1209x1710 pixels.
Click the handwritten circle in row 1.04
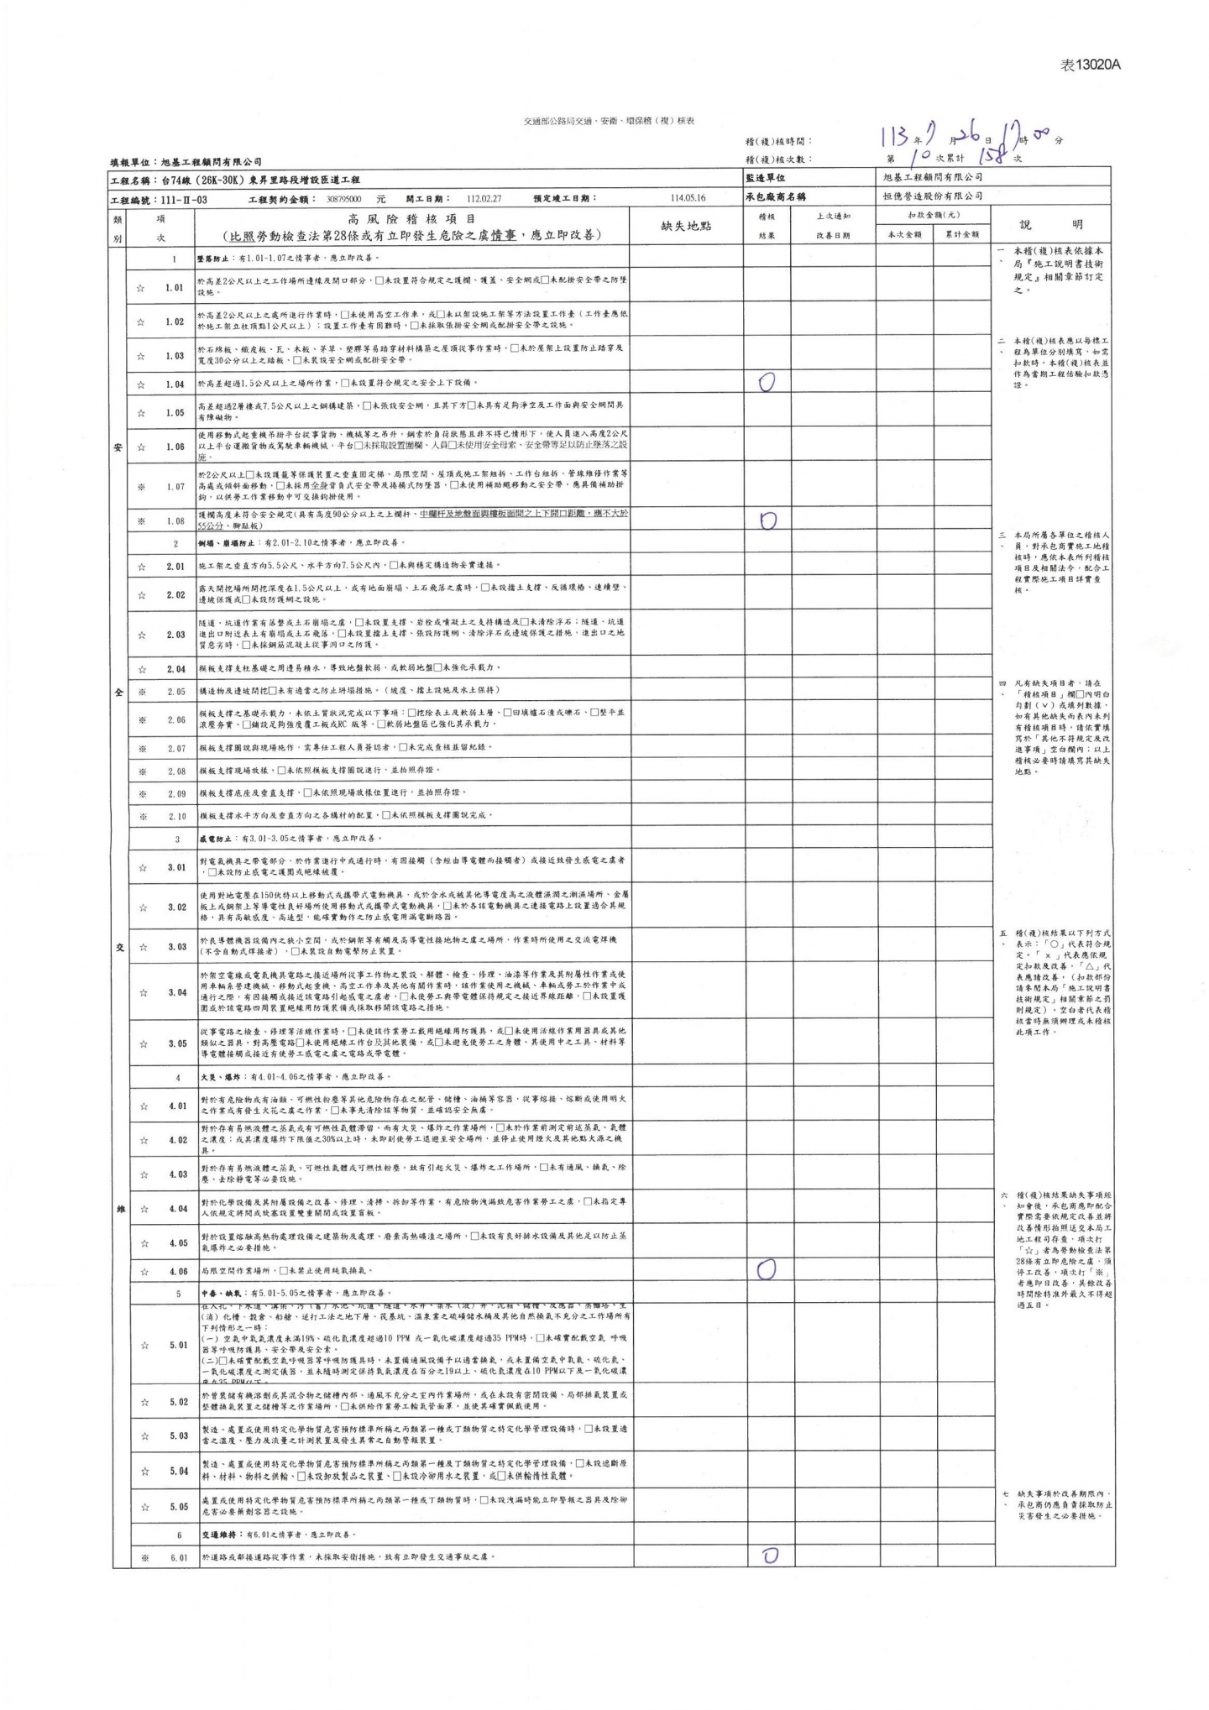(766, 383)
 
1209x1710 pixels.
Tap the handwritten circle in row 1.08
(767, 520)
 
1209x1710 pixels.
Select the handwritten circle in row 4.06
(766, 1270)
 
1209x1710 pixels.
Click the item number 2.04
(175, 668)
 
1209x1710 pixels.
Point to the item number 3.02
(175, 907)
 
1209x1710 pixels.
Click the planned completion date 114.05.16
(688, 198)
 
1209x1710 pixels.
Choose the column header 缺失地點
(686, 226)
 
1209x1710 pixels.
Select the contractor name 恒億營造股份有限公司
(933, 196)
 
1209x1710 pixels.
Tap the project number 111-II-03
(182, 200)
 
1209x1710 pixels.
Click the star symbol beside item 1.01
(141, 288)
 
